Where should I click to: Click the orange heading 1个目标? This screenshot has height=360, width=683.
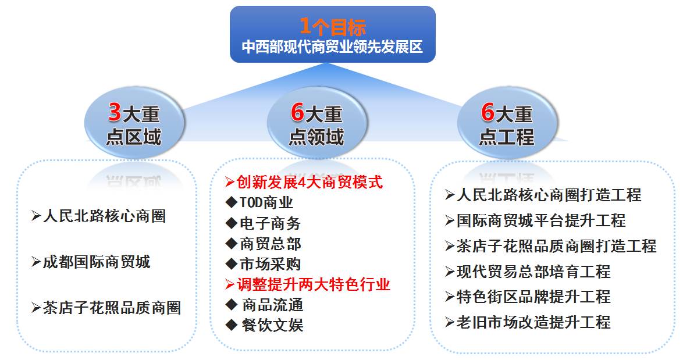333,27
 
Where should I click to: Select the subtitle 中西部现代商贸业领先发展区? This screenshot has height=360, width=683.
332,47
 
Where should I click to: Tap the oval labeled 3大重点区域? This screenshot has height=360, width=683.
134,123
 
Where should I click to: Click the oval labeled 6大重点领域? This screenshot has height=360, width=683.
316,123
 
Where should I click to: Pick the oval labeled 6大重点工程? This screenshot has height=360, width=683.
507,123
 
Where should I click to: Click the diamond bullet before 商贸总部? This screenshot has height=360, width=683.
232,243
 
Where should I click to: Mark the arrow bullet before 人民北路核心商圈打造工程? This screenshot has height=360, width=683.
450,195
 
